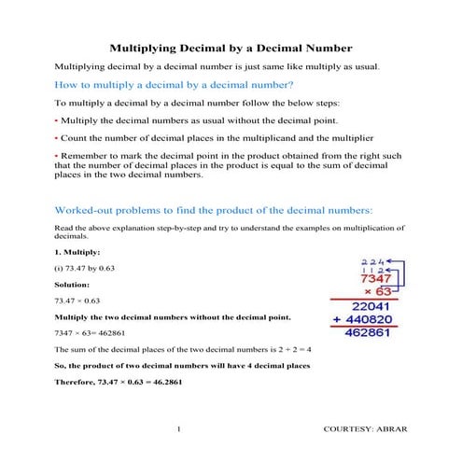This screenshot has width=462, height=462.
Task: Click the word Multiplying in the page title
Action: pos(147,46)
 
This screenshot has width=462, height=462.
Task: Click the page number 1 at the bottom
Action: pos(177,428)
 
